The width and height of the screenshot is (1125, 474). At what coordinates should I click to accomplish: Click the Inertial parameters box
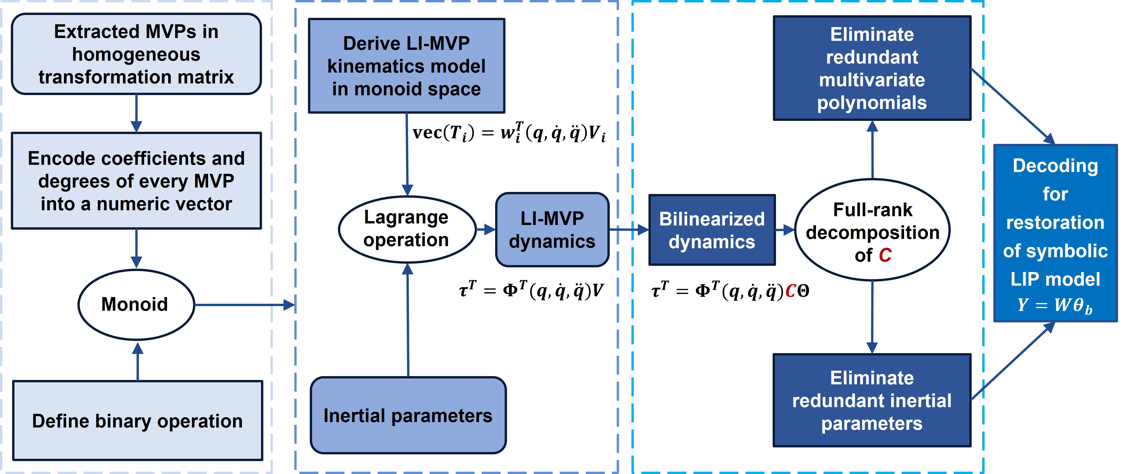pos(408,415)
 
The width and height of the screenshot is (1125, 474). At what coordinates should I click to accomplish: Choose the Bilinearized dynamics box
pos(712,230)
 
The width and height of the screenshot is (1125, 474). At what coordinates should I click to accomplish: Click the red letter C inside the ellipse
pos(885,255)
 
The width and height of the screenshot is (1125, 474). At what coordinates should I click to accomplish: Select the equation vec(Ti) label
pos(509,132)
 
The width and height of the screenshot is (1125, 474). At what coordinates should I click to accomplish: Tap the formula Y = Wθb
pos(1055,305)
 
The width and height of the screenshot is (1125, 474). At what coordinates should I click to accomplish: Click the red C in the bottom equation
pos(790,291)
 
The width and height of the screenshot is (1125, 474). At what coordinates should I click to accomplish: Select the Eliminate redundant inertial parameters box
pos(872,400)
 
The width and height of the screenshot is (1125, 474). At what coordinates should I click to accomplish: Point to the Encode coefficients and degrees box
pos(136,181)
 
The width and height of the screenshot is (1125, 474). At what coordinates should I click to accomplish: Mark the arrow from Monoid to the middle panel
pos(244,305)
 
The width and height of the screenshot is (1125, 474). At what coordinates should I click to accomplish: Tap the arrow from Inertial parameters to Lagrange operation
pos(408,319)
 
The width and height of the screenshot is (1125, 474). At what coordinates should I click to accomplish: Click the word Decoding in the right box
pos(1055,166)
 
